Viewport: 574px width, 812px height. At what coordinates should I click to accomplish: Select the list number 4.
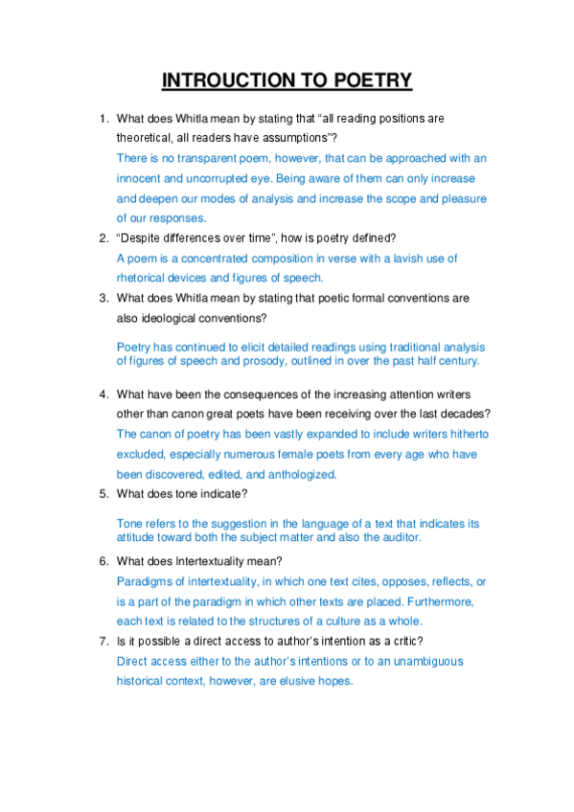pyautogui.click(x=103, y=394)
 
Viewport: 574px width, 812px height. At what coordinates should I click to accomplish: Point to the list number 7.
pyautogui.click(x=103, y=641)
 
